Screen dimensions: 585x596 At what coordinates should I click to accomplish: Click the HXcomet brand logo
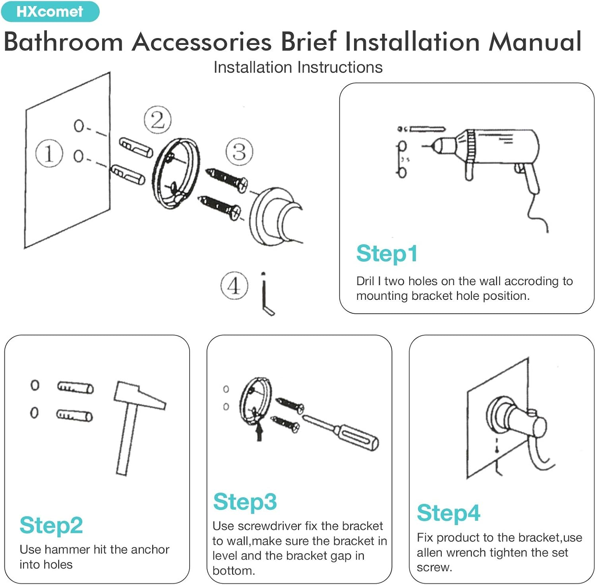click(50, 12)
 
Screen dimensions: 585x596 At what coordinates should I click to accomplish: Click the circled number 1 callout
click(49, 154)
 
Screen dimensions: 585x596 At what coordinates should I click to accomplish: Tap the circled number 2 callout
click(157, 120)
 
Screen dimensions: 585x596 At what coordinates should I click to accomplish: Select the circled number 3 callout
click(239, 152)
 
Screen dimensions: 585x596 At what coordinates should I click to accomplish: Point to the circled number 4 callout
click(234, 286)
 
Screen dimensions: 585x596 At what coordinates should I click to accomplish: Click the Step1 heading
click(387, 253)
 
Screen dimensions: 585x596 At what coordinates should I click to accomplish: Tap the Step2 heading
click(51, 525)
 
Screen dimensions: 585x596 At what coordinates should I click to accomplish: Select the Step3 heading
click(245, 502)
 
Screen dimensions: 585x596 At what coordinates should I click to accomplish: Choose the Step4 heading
click(448, 513)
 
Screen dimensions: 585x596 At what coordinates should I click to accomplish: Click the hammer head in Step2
click(139, 395)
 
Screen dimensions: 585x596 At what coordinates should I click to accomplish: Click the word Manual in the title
click(535, 41)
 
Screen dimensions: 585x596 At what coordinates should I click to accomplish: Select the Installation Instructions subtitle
click(298, 68)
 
